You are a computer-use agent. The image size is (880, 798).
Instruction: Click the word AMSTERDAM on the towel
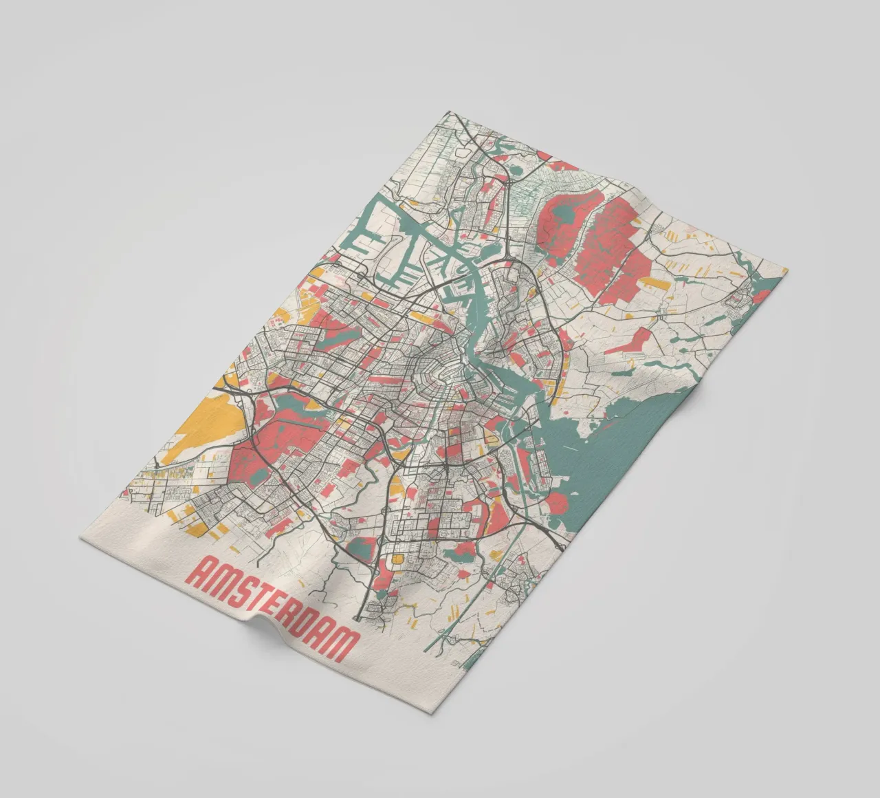tap(274, 606)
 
